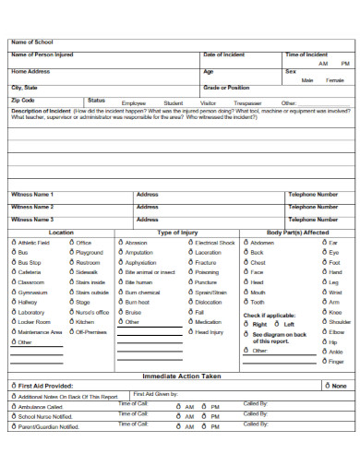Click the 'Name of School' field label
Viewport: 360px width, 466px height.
32,42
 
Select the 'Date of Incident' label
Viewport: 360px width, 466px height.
223,55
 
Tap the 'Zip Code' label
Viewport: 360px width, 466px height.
23,100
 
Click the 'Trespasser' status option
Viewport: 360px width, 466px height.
248,103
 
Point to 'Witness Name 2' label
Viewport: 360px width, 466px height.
32,208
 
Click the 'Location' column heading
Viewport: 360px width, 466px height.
61,233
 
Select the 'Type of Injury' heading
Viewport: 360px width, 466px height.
178,233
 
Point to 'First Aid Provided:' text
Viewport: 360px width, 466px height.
45,386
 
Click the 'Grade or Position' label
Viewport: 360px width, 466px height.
226,87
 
